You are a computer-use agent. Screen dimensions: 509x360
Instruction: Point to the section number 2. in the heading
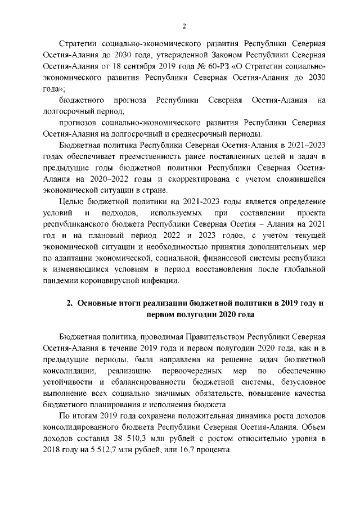click(x=70, y=303)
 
